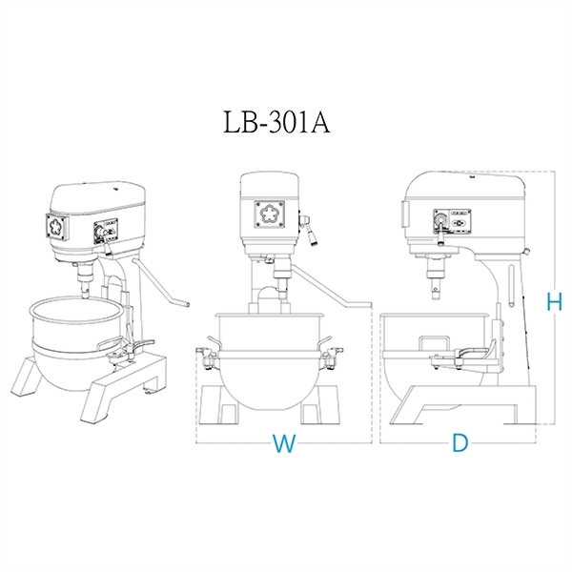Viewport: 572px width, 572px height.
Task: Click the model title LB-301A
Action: coord(276,122)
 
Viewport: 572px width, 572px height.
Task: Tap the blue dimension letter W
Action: coord(284,443)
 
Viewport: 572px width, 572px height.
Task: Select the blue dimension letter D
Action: coord(460,443)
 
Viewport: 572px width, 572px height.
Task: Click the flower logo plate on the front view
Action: coord(269,214)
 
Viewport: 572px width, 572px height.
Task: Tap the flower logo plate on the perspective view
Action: coord(57,227)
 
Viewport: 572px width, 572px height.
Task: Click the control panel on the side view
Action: coord(452,221)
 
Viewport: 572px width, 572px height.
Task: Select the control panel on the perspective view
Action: coord(106,232)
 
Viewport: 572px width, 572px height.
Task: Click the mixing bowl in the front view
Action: coord(270,361)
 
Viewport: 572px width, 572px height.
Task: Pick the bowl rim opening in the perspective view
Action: coord(76,313)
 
